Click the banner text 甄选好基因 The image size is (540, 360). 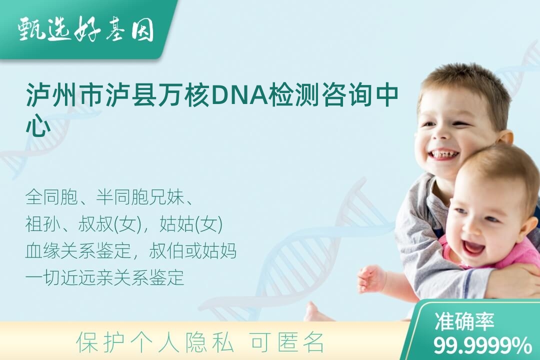click(85, 29)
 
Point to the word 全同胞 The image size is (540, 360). click(51, 197)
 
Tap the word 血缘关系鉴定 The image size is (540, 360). click(78, 251)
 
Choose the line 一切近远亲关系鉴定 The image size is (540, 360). click(104, 277)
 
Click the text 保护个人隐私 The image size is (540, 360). click(155, 342)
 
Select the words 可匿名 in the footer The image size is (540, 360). click(287, 342)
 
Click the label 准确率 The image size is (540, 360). click(464, 321)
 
